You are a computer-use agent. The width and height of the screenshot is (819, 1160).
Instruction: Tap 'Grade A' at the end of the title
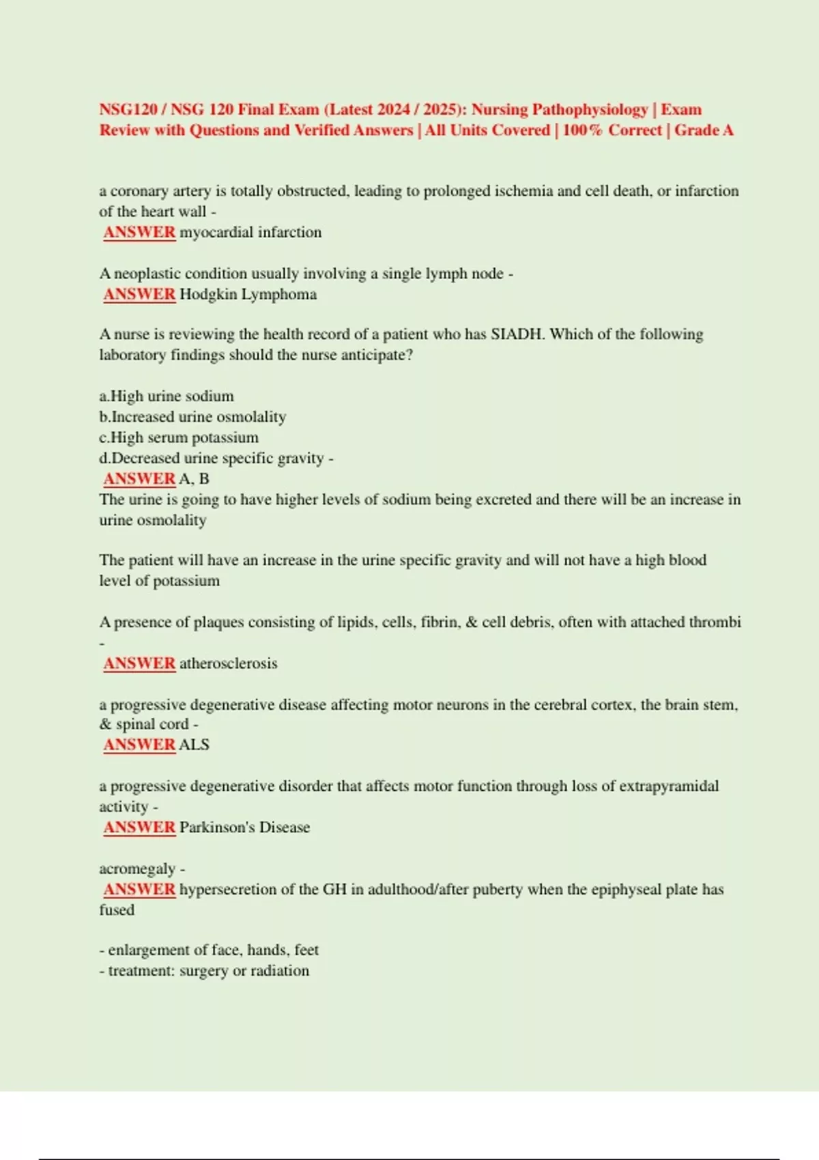704,130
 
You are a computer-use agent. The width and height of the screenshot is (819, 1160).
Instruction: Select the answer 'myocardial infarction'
250,233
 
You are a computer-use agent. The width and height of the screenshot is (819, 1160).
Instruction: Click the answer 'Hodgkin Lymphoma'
248,295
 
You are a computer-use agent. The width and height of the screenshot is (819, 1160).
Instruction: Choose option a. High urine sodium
167,396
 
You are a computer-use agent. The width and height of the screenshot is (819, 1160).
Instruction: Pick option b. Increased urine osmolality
192,417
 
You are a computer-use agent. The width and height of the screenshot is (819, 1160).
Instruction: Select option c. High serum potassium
179,437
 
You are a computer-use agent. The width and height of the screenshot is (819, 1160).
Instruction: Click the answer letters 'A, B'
194,479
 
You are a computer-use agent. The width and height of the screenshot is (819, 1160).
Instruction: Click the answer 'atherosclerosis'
228,663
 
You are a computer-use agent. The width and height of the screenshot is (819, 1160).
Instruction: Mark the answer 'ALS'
194,745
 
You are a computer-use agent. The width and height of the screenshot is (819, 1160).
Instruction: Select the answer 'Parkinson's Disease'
244,828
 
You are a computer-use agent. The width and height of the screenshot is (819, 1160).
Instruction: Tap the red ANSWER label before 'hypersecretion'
139,890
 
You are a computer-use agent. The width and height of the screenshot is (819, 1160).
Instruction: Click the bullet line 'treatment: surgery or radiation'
205,971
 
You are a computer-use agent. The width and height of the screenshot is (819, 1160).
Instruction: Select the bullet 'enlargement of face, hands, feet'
210,951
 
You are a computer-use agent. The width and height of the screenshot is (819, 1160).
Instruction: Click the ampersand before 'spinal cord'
105,725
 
